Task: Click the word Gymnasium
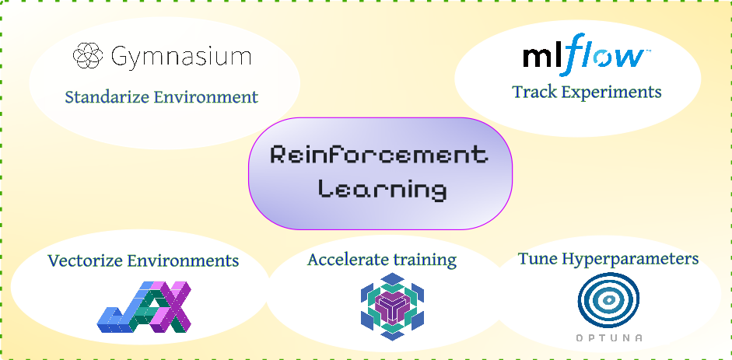(180, 57)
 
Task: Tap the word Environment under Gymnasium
(210, 97)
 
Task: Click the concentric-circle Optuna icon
(608, 301)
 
